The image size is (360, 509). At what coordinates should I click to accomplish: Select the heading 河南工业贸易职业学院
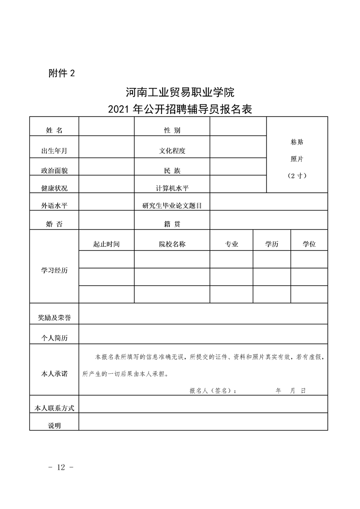(179, 93)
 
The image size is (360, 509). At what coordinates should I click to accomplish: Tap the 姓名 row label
(54, 131)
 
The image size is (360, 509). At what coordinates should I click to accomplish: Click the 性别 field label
(172, 131)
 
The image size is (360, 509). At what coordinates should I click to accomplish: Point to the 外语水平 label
(54, 206)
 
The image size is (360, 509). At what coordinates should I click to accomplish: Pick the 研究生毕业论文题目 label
(172, 206)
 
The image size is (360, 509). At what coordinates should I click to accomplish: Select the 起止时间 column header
(106, 244)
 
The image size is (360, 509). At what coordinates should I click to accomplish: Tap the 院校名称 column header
(172, 244)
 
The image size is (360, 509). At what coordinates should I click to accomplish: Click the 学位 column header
(309, 244)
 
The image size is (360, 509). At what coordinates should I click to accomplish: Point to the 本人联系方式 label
(54, 408)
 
